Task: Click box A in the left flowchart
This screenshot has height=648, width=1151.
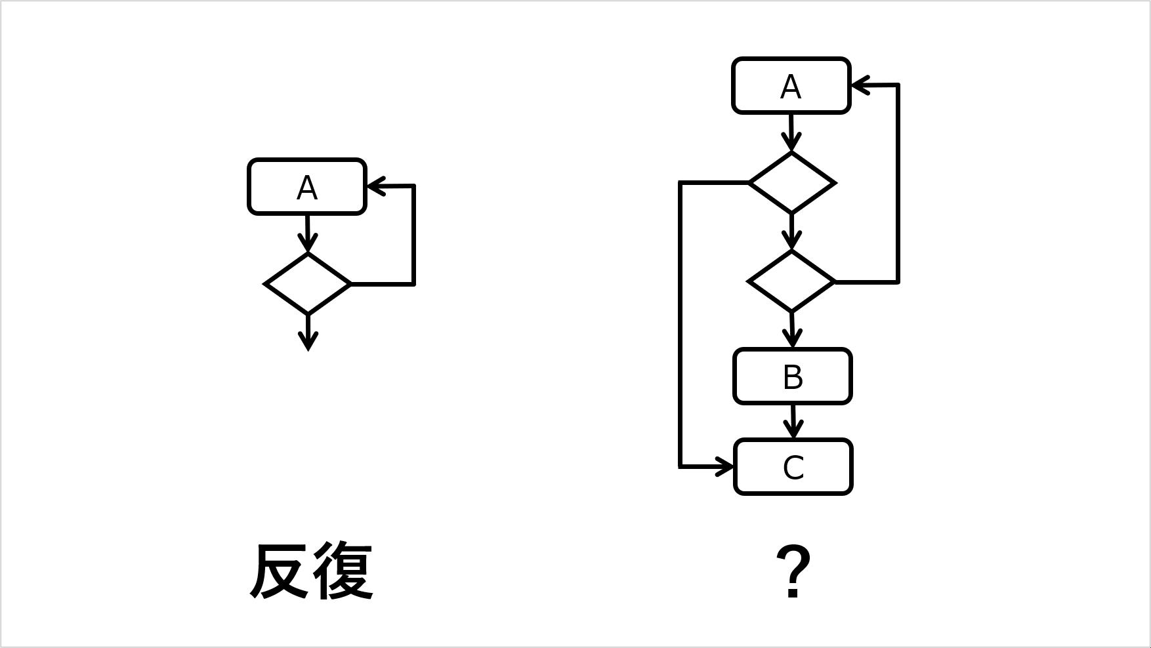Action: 306,187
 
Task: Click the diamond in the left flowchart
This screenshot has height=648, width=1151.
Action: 307,283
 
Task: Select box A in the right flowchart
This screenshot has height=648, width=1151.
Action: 791,86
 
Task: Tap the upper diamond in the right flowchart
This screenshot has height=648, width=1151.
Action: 792,182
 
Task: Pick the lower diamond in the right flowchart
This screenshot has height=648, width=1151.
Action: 791,281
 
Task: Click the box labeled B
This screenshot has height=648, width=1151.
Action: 793,376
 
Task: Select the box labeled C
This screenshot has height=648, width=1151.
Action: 793,467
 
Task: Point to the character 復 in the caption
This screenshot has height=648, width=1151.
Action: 343,571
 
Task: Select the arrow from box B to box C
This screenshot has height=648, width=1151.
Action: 793,422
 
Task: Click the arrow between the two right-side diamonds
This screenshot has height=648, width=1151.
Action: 792,232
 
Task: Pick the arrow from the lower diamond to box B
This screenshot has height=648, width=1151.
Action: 792,330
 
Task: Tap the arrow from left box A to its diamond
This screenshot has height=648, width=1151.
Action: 307,233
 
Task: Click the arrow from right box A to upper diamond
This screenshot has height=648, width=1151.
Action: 791,133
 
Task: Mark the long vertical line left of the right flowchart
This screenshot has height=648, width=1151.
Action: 680,325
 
